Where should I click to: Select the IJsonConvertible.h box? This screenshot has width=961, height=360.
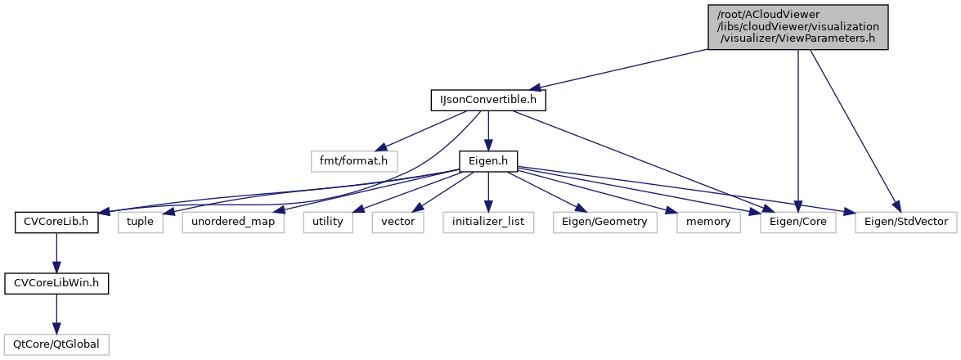pyautogui.click(x=488, y=100)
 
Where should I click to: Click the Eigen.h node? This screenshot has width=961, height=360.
pyautogui.click(x=488, y=161)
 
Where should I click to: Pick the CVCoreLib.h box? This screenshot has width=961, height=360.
pyautogui.click(x=56, y=222)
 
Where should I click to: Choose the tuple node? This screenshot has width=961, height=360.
pyautogui.click(x=141, y=222)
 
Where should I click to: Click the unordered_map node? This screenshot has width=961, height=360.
pyautogui.click(x=233, y=222)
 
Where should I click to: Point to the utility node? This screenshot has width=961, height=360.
pyautogui.click(x=328, y=222)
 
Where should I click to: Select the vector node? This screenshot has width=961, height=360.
pyautogui.click(x=398, y=222)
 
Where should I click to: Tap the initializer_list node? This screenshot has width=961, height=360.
pyautogui.click(x=489, y=222)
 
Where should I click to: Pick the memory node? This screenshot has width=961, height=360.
pyautogui.click(x=708, y=222)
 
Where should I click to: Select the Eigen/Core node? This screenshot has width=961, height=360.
pyautogui.click(x=798, y=222)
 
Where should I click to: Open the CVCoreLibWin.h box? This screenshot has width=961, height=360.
pyautogui.click(x=56, y=283)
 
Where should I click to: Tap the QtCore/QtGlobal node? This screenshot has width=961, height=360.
pyautogui.click(x=56, y=344)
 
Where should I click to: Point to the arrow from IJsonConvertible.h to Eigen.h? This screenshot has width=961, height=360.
pyautogui.click(x=488, y=130)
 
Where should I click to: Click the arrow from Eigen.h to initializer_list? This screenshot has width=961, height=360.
pyautogui.click(x=488, y=191)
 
